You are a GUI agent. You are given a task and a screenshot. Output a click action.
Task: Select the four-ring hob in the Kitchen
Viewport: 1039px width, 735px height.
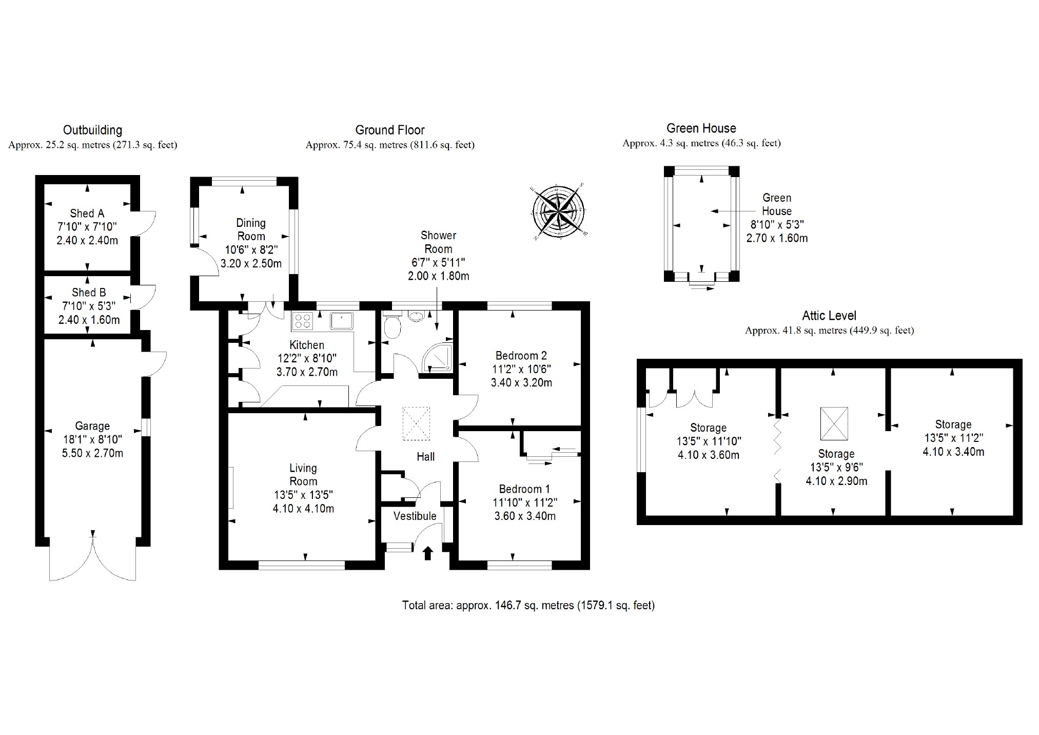(x=303, y=321)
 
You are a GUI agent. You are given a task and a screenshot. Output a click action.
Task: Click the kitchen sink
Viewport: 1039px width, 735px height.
(x=341, y=320)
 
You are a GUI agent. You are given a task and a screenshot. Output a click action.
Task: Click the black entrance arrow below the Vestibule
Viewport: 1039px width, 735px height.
(x=427, y=553)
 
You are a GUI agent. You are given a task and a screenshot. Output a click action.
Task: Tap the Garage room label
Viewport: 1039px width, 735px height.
(x=92, y=426)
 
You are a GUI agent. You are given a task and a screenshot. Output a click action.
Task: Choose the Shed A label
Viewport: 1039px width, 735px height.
(x=87, y=214)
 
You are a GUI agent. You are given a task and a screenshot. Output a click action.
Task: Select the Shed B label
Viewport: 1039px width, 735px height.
(x=89, y=293)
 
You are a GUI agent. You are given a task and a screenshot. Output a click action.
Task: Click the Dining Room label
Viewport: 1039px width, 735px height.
(x=251, y=229)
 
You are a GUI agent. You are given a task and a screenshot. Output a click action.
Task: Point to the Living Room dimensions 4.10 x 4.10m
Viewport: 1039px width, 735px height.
(x=304, y=509)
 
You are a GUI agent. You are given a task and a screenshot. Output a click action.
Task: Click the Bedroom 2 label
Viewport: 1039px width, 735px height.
(x=521, y=356)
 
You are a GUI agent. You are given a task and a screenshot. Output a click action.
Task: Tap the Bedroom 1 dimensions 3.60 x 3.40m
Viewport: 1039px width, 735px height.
(x=525, y=516)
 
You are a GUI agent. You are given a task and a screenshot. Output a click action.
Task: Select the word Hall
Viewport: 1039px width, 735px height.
(x=425, y=457)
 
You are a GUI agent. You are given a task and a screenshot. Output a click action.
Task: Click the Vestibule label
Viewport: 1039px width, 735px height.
(x=415, y=516)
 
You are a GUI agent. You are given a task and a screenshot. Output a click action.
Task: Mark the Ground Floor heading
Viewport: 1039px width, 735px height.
(x=390, y=130)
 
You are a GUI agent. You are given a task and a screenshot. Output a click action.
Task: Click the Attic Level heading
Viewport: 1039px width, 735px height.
(x=829, y=316)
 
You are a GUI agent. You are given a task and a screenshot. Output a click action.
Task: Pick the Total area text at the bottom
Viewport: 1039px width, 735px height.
(x=528, y=606)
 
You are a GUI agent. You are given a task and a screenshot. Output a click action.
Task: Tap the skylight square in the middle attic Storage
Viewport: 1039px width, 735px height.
(x=834, y=423)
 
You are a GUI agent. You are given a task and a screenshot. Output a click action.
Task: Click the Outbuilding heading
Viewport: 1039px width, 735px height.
(x=92, y=130)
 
